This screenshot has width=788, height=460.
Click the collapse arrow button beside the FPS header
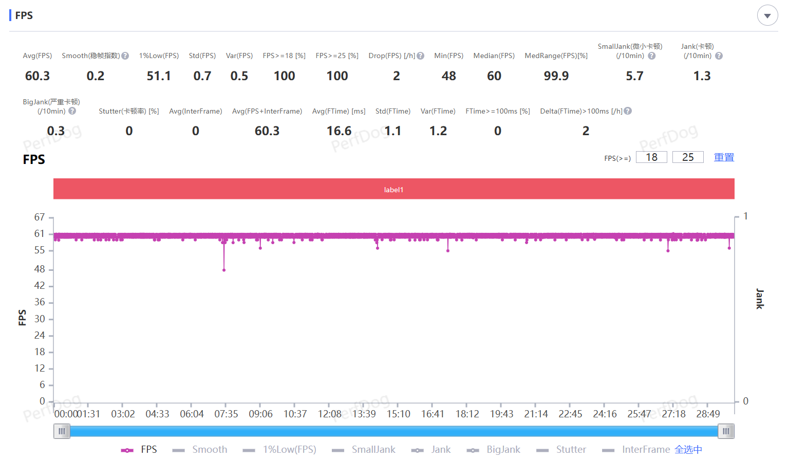pyautogui.click(x=767, y=16)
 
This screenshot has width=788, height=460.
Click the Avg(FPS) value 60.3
pyautogui.click(x=37, y=76)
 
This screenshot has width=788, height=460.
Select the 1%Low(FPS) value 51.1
pyautogui.click(x=159, y=76)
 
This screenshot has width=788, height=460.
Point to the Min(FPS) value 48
pyautogui.click(x=448, y=76)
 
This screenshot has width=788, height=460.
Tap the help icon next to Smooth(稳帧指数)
pyautogui.click(x=125, y=56)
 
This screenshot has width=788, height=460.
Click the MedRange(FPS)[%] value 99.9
pyautogui.click(x=556, y=76)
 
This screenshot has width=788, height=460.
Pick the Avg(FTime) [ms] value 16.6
pyautogui.click(x=339, y=131)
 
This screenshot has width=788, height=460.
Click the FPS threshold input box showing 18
pyautogui.click(x=651, y=157)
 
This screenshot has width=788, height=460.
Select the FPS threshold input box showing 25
pyautogui.click(x=688, y=157)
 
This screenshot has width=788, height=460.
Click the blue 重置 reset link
pyautogui.click(x=724, y=157)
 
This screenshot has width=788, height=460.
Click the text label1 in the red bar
pyautogui.click(x=393, y=190)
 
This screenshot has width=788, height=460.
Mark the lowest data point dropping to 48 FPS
pyautogui.click(x=224, y=270)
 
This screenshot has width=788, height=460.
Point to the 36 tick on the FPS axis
pyautogui.click(x=40, y=302)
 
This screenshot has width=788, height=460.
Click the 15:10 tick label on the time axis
pyautogui.click(x=398, y=414)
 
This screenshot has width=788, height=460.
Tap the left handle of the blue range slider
pyautogui.click(x=62, y=431)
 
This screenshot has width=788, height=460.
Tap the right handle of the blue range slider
pyautogui.click(x=726, y=431)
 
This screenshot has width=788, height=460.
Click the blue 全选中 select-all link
pyautogui.click(x=688, y=450)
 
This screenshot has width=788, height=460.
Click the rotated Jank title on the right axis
pyautogui.click(x=760, y=299)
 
